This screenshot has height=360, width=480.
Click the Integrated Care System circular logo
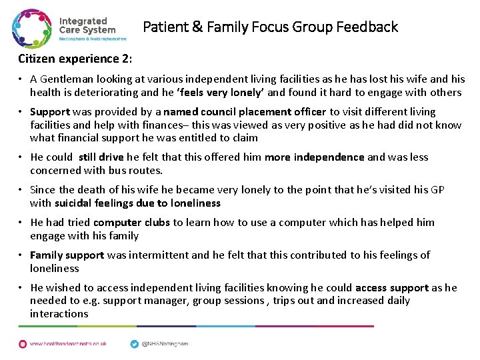32,28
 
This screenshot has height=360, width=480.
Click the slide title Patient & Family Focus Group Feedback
270,27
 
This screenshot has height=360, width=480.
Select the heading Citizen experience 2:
75,59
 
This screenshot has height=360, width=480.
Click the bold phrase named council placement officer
245,112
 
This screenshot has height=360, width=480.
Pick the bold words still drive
101,157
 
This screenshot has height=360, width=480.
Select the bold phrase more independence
315,157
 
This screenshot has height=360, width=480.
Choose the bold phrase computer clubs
131,223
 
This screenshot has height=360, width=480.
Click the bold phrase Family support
67,255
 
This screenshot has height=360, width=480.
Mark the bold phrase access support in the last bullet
392,288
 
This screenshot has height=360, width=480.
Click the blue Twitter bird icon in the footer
134,343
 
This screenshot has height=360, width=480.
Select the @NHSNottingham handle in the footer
165,344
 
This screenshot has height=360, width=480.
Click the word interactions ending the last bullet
59,314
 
